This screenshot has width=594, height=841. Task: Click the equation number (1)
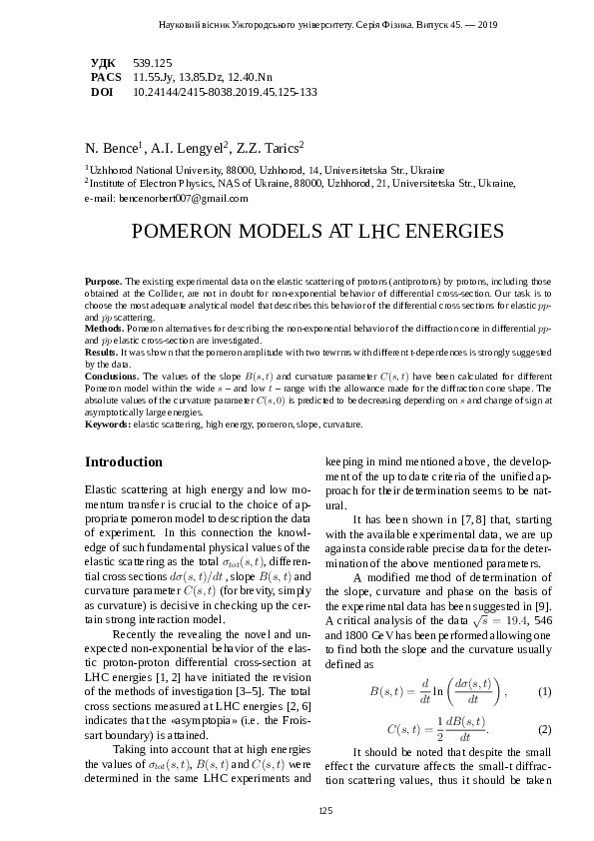pyautogui.click(x=544, y=692)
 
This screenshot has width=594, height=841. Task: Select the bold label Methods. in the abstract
pyautogui.click(x=105, y=328)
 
